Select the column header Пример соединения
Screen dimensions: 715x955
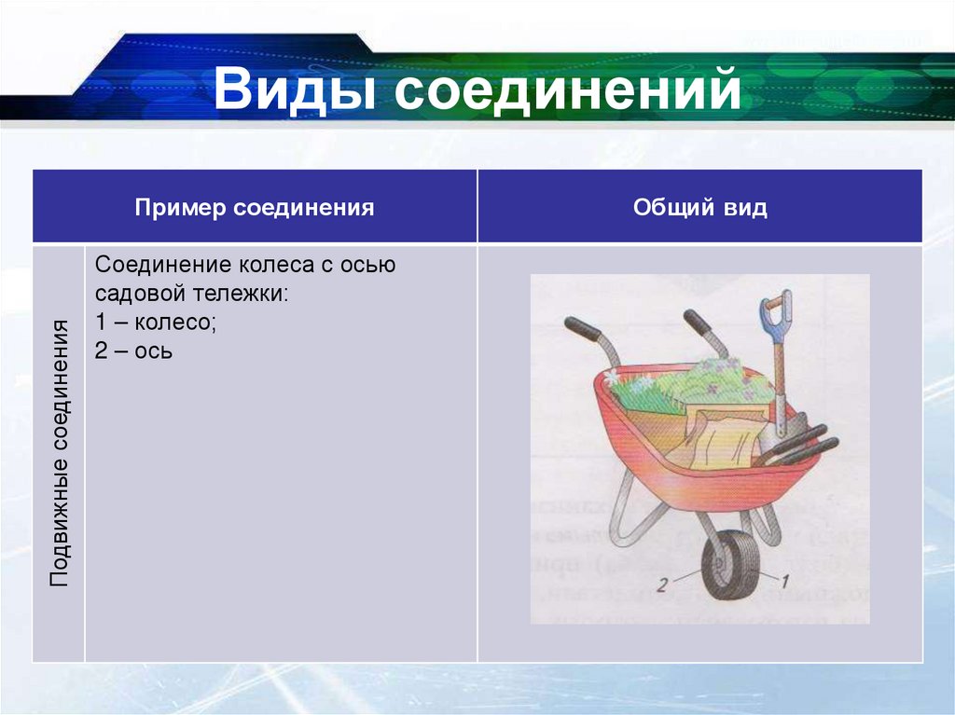point(255,207)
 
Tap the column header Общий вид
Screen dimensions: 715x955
point(699,207)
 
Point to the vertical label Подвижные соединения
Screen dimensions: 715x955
point(60,452)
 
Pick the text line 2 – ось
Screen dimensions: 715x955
point(133,351)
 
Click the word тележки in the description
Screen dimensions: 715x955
point(240,294)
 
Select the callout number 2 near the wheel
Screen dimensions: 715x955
point(660,585)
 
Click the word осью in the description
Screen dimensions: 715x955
point(370,265)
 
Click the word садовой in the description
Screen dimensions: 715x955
point(135,294)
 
